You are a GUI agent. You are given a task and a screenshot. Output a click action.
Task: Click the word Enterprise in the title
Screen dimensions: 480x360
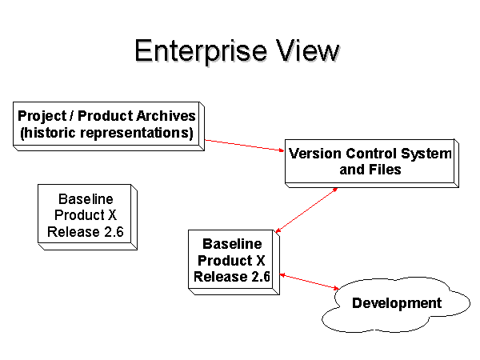(x=201, y=51)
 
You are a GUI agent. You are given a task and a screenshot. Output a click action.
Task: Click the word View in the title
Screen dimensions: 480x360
(x=307, y=50)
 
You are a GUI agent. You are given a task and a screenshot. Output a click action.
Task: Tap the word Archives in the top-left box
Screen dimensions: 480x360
(x=166, y=116)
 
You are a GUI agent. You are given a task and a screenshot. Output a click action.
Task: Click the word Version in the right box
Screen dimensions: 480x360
(x=315, y=154)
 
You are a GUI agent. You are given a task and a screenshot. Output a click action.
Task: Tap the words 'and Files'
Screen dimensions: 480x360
(x=370, y=170)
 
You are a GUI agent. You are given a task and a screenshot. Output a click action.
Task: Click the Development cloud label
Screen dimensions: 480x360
(x=397, y=303)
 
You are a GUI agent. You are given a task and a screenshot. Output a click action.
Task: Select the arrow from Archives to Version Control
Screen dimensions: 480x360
(x=245, y=145)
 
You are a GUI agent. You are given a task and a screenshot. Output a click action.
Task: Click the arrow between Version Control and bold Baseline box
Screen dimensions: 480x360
(x=306, y=210)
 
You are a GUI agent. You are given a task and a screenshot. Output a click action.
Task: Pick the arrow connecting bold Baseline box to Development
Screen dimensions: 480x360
(x=309, y=282)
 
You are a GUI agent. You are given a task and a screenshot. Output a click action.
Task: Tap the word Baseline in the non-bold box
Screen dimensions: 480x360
(x=86, y=199)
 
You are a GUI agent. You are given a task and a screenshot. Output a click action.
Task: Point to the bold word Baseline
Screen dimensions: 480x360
(x=232, y=244)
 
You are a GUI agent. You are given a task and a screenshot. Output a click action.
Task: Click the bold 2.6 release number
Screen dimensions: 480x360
(x=261, y=277)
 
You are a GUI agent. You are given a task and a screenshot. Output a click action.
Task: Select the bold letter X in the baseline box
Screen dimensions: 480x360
(x=261, y=261)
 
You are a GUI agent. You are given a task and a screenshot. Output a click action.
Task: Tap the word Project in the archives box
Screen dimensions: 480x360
(x=42, y=116)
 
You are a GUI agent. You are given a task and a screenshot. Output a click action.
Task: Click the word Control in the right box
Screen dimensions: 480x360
(x=371, y=154)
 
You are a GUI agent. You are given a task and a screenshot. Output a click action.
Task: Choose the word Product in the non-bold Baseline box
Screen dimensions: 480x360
(x=79, y=215)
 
